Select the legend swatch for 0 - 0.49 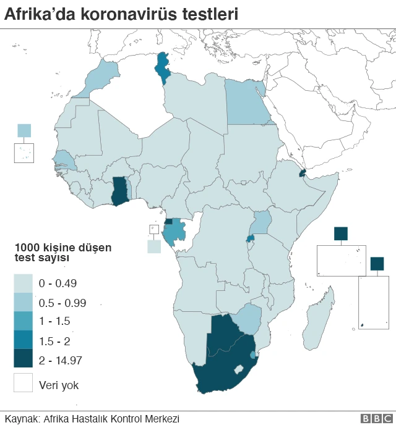point(24,284)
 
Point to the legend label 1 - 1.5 point(54,321)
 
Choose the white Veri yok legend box point(24,383)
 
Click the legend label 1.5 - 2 point(54,340)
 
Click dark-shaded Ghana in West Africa point(119,190)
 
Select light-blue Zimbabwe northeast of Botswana point(249,317)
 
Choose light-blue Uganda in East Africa point(262,222)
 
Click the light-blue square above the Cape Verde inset point(24,130)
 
